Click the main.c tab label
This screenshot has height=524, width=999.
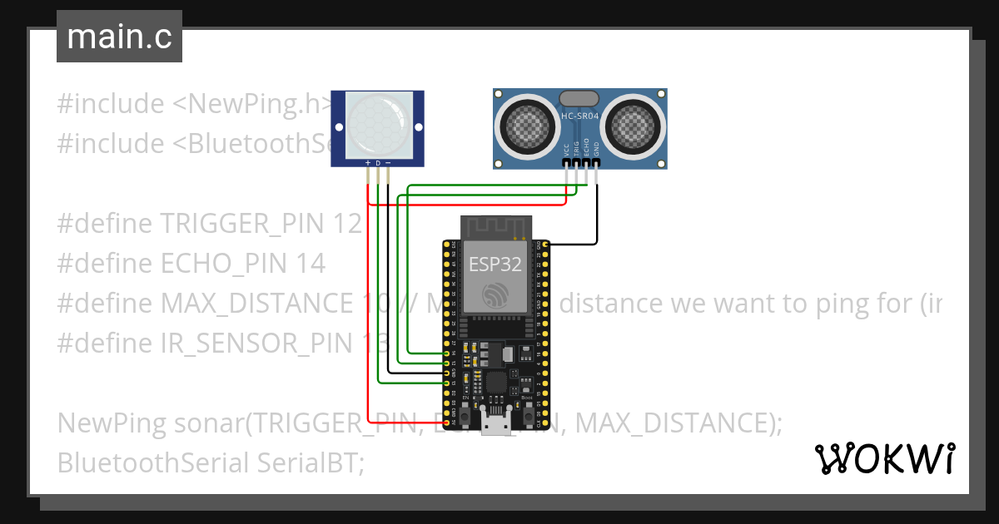click(119, 37)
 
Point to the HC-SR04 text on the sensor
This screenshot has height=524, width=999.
click(580, 116)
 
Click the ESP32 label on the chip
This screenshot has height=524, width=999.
click(496, 265)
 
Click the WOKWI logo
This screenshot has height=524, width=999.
click(884, 457)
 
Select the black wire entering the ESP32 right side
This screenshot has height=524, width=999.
click(574, 245)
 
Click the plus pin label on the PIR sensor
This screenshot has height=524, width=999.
click(368, 163)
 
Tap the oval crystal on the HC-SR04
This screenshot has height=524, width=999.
click(580, 97)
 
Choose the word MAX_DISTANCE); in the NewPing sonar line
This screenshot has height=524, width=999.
click(678, 423)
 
